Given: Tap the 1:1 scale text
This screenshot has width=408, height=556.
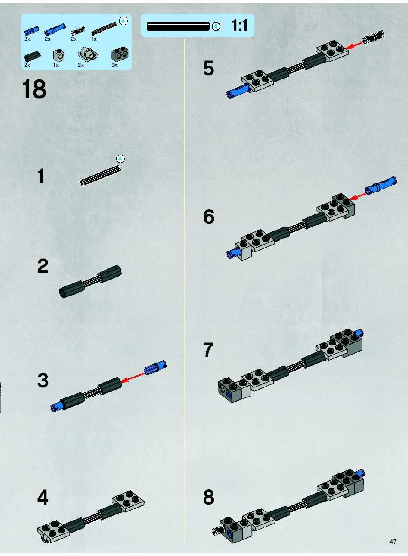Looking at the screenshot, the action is [239, 25].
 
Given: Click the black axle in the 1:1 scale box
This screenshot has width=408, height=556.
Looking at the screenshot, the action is [178, 26].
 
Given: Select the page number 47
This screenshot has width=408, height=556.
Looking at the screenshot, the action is [393, 541].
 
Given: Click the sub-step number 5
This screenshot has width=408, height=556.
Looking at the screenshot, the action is [208, 68].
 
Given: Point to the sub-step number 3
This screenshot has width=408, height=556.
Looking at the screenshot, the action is [43, 380].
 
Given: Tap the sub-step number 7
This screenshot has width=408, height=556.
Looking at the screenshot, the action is [208, 350].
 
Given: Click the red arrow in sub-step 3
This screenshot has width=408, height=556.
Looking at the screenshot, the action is [132, 377].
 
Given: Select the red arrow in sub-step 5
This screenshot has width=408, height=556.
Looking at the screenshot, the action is [355, 44].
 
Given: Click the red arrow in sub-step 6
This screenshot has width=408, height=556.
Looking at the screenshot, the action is [358, 195].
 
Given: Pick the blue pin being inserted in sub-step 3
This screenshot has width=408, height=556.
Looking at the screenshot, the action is [155, 367].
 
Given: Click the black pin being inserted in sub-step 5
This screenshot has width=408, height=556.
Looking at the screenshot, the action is [374, 36].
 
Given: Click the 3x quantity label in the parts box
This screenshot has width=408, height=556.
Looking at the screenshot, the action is [115, 65].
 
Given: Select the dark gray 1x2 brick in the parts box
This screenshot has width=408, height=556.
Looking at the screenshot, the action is [120, 54].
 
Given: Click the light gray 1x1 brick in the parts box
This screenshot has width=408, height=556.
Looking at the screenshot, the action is [59, 55].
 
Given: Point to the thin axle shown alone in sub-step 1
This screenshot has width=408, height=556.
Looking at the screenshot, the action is [101, 175].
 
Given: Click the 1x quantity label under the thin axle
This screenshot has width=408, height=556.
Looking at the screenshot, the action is [94, 39].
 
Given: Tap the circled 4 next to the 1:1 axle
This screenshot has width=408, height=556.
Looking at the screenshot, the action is [216, 27].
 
